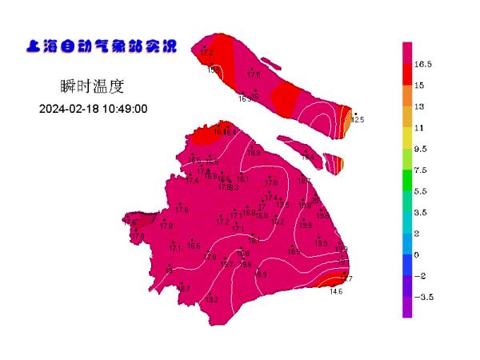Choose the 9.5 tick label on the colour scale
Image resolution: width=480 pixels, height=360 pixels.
[x=422, y=149]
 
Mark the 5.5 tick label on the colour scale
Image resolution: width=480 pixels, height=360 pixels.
[x=422, y=191]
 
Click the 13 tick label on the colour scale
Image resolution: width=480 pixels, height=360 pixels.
[x=418, y=106]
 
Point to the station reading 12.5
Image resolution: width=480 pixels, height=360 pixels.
[x=357, y=120]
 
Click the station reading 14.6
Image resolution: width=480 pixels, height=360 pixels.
[x=336, y=292]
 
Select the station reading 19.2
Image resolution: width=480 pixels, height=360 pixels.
[x=278, y=222]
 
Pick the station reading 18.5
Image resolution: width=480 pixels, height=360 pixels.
[x=294, y=251]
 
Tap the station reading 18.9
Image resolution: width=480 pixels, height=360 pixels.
[x=254, y=153]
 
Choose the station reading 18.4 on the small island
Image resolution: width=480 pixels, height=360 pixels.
[x=307, y=157]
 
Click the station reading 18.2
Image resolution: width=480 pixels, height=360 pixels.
[x=254, y=240]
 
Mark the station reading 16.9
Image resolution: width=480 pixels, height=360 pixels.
[x=261, y=274]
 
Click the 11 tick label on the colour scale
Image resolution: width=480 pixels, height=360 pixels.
[x=418, y=128]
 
